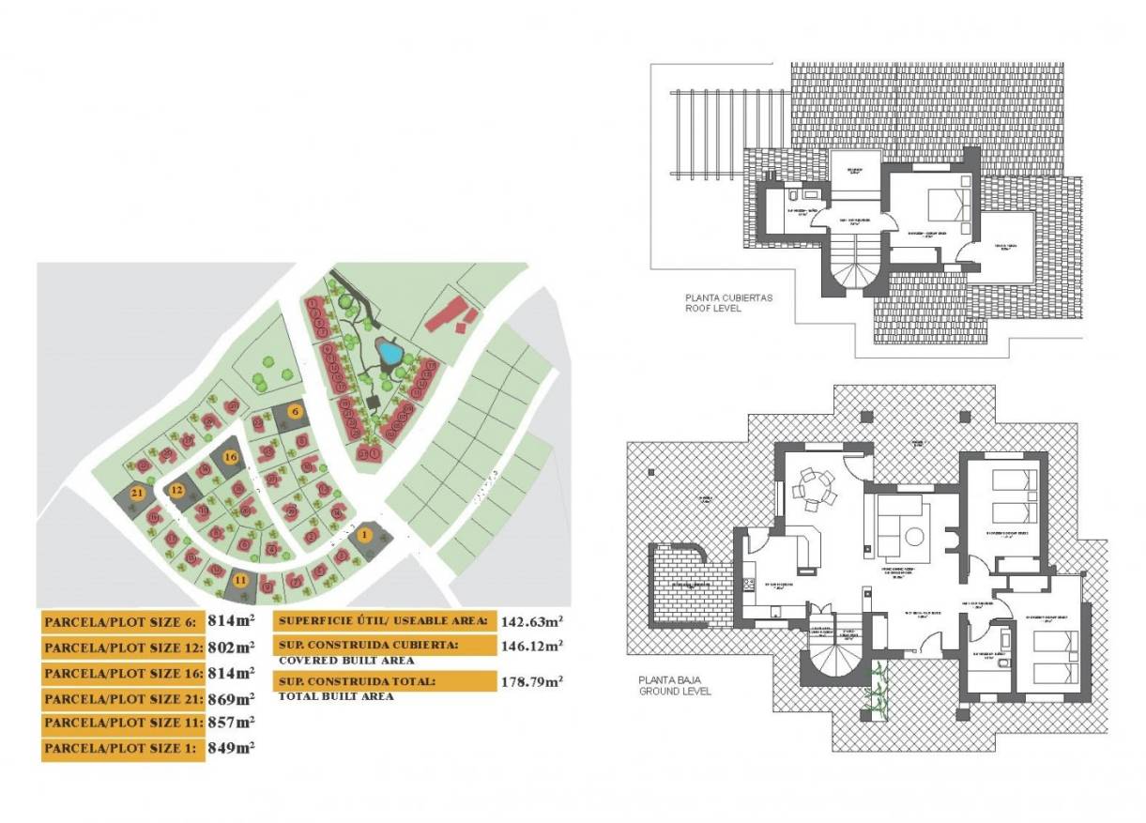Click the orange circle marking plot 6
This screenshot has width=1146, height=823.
pos(294,411)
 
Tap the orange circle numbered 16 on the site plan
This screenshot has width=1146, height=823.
pos(231,457)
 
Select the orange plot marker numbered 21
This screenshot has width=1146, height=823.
pos(137,493)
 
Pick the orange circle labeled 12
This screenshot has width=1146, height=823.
pos(176,489)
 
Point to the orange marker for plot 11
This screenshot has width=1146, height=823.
pos(240,581)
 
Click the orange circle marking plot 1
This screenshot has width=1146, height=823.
pos(365,535)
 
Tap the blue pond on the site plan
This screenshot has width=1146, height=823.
pos(389,353)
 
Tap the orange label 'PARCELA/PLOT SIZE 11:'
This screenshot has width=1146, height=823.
pos(119,724)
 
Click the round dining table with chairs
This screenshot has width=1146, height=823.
pos(812,488)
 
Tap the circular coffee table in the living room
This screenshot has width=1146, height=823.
pos(914,537)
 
